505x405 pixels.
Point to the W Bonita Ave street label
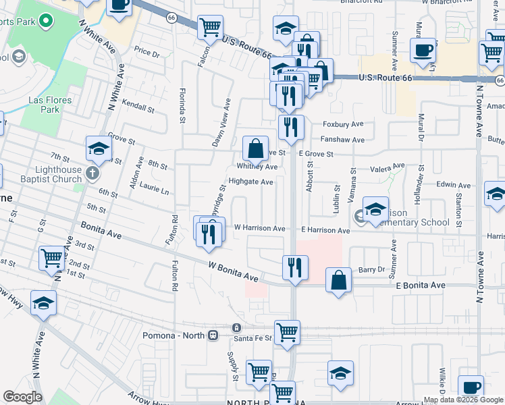coord(234,273)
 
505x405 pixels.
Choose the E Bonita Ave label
coord(420,286)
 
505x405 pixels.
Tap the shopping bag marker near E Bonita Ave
coord(339,280)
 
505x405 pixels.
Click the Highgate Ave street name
coord(250,182)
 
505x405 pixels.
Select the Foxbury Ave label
coord(343,124)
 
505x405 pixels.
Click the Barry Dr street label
coord(371,269)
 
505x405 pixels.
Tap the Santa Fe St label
coord(252,337)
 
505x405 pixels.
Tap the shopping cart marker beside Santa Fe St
coord(288,333)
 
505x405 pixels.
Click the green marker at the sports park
coord(46,22)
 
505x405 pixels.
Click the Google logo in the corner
coord(22,397)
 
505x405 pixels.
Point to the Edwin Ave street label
coord(453,185)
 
